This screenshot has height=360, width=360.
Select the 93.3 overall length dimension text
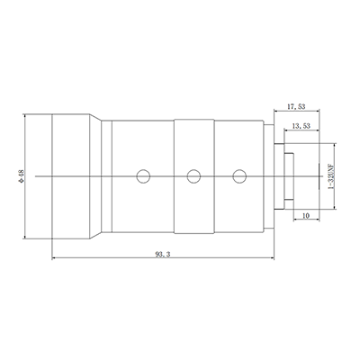click(166, 256)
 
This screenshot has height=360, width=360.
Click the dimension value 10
click(305, 215)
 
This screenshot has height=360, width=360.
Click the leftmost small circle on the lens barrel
click(141, 176)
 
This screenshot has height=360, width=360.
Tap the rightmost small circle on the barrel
click(238, 176)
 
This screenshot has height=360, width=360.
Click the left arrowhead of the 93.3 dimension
click(54, 261)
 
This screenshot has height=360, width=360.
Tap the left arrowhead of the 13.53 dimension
click(285, 137)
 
